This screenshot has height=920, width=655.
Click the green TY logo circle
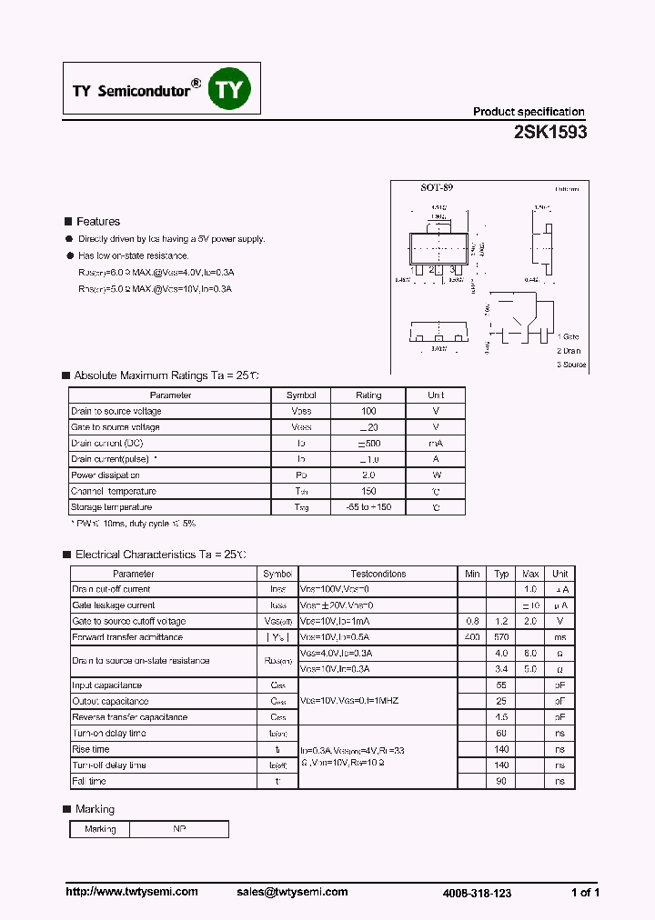[229, 89]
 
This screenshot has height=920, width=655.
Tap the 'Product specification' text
[528, 112]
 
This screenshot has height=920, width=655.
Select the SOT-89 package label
[437, 187]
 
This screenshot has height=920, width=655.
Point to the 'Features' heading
[97, 221]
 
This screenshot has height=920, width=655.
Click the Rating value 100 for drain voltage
[368, 412]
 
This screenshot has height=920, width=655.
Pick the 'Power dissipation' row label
[106, 475]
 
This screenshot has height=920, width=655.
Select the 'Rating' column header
[368, 395]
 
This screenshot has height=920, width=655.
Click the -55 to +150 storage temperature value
[368, 507]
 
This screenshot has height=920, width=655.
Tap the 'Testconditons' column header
[378, 574]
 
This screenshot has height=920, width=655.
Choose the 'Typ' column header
[501, 574]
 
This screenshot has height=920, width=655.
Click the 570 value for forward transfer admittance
[501, 637]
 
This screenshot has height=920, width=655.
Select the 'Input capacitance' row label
[107, 685]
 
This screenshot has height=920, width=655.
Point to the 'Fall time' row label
[89, 781]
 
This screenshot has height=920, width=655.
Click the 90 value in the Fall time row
[501, 781]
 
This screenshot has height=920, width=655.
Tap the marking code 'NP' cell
[178, 829]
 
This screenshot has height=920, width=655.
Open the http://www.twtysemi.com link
[132, 892]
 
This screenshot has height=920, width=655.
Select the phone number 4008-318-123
[477, 894]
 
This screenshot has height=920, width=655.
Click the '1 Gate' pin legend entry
[569, 337]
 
